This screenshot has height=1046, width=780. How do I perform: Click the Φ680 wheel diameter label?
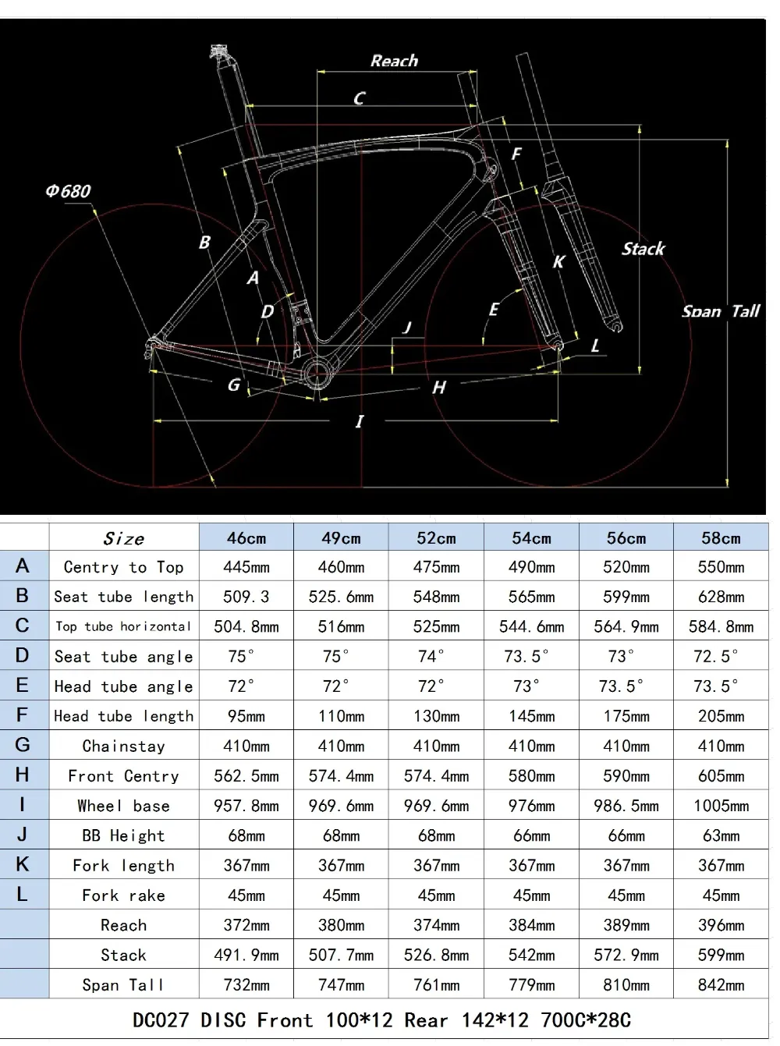coord(68,190)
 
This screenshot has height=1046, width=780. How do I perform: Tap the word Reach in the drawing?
coord(394,61)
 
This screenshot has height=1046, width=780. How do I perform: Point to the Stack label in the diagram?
coord(643,249)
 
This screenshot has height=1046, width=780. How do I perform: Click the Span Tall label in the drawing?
coord(720,311)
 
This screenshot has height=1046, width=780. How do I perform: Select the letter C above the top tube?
coord(359,98)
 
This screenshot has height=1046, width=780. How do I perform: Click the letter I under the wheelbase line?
coord(360,422)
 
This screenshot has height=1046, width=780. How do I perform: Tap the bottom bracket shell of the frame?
coord(320,375)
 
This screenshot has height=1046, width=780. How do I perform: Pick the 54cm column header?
coord(531,537)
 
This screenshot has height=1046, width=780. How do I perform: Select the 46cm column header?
coord(246,537)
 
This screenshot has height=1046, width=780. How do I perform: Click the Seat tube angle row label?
coord(123,657)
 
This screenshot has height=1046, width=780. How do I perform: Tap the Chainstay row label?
coord(123,746)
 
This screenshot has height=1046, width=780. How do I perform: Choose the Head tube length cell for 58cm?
coord(721,716)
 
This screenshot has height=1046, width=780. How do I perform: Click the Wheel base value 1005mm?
coord(721,806)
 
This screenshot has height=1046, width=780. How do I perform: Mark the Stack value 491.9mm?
coord(246,955)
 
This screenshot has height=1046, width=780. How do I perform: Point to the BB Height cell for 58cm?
coord(721,835)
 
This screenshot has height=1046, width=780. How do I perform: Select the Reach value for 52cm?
coord(436,925)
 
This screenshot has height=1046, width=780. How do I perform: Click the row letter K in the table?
coord(23,864)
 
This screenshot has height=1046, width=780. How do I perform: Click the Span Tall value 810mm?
coord(626,984)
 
